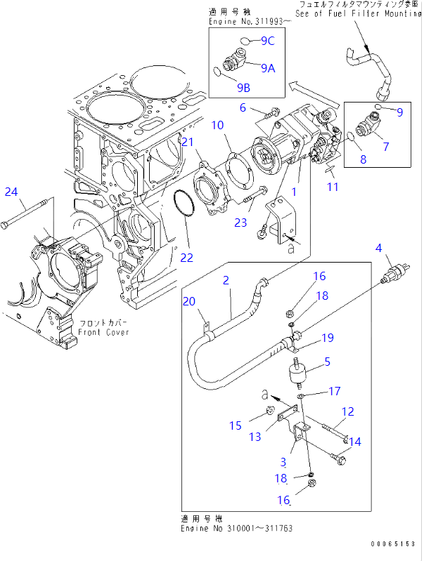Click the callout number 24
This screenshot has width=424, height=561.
click(11, 191)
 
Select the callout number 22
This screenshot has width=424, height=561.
click(186, 258)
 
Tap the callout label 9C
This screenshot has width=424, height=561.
click(267, 41)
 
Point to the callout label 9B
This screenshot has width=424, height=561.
click(243, 87)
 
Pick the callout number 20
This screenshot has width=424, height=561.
click(188, 301)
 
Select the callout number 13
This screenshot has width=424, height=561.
click(255, 437)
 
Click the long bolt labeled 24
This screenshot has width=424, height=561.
click(28, 213)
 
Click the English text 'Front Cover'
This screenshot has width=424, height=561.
click(103, 333)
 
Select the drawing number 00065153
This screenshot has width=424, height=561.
click(392, 544)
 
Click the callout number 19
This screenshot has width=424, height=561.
click(328, 339)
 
